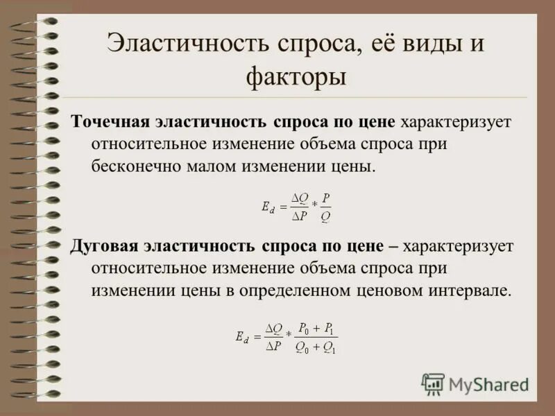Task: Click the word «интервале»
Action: coord(473,291)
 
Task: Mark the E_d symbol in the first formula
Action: coord(268,207)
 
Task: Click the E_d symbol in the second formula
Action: coord(242,338)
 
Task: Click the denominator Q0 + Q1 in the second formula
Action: coord(316,348)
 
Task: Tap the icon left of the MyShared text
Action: coord(434,384)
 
